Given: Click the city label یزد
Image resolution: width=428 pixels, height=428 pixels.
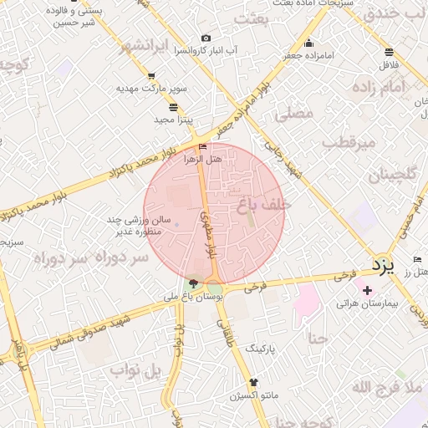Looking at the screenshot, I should (381, 267).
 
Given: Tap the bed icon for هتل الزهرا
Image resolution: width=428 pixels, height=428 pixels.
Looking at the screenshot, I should (201, 146).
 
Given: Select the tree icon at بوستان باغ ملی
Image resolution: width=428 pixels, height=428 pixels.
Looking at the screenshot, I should (195, 284).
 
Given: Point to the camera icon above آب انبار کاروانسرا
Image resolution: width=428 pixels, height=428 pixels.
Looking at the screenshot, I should (206, 38).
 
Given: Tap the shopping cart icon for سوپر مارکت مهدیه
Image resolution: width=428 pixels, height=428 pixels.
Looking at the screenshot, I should (150, 75).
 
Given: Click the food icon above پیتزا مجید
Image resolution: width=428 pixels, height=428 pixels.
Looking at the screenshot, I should (173, 107).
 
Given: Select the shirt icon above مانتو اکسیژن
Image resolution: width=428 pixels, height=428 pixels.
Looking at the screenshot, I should (254, 380).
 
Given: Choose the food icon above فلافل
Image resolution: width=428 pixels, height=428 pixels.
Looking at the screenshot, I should (390, 51).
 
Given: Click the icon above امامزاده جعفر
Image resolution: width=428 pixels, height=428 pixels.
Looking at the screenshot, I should (309, 43).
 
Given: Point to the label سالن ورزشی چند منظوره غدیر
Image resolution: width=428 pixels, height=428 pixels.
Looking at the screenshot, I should (130, 226).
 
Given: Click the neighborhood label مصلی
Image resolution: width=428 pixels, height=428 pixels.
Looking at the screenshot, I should (293, 113).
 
